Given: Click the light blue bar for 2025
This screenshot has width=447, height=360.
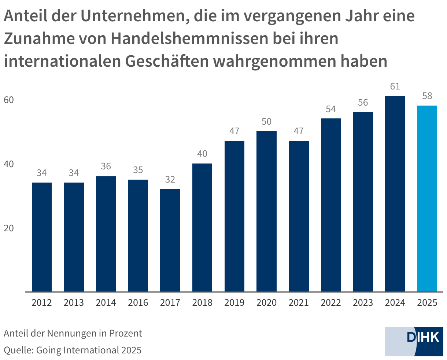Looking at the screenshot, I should (x=427, y=198).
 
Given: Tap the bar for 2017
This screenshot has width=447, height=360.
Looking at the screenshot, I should (x=170, y=240).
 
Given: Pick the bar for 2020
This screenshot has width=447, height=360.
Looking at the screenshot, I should (x=266, y=211).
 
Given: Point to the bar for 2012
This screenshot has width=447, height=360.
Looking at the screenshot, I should (x=42, y=237).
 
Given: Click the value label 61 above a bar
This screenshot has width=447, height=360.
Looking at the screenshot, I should (x=395, y=87).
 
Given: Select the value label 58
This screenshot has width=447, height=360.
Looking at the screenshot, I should (x=427, y=96).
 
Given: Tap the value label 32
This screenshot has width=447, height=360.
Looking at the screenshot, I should (x=170, y=180).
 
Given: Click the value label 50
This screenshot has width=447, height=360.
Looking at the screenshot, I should (x=266, y=122).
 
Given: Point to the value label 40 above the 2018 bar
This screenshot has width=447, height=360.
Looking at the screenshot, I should (x=202, y=154).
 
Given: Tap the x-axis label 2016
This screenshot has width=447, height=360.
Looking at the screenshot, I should (x=138, y=303).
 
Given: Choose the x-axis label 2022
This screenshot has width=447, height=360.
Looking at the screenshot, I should (x=331, y=303).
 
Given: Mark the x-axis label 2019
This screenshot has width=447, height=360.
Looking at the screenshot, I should (x=234, y=303).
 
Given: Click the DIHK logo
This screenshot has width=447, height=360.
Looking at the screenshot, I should (x=414, y=341).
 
